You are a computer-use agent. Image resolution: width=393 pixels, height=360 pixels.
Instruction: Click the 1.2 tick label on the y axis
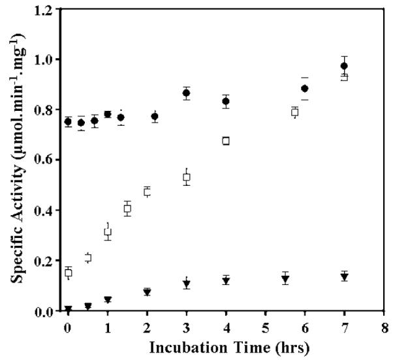[x=46, y=9]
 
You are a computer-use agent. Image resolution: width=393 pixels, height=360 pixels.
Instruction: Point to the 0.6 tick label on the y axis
[x=46, y=160]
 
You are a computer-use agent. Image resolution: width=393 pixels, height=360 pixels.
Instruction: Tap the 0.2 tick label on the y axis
[x=46, y=261]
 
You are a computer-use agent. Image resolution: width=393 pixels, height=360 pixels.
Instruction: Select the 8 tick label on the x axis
[x=385, y=325]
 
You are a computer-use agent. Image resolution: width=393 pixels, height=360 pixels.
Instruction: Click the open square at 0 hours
[x=68, y=273]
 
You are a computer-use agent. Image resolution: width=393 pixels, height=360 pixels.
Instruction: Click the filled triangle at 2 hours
[x=147, y=292]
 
